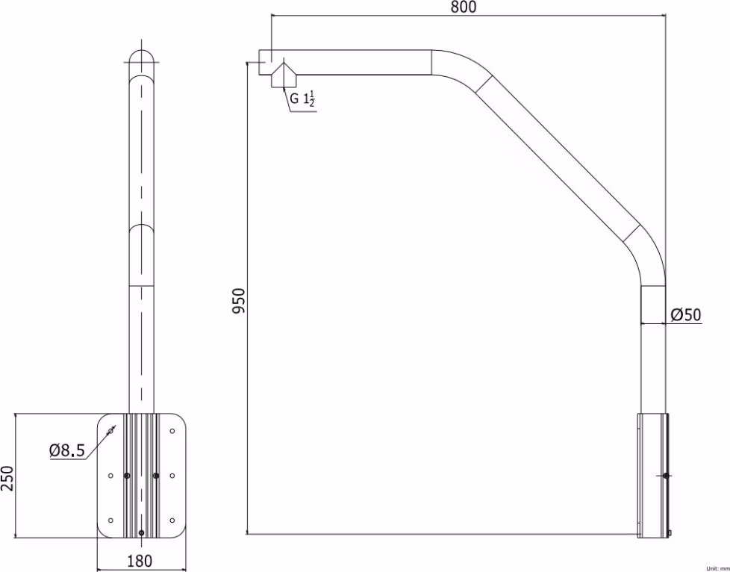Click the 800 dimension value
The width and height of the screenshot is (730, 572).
tap(464, 7)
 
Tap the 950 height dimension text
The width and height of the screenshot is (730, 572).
tap(238, 301)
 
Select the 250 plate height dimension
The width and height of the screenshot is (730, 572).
tap(7, 478)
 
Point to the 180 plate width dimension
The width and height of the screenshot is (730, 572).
tap(140, 561)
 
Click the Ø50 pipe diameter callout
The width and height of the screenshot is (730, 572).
tap(685, 315)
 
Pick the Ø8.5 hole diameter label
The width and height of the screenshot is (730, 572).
tap(67, 450)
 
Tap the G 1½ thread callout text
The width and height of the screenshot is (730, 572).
tap(302, 99)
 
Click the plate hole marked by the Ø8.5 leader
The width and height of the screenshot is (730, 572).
tap(110, 431)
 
